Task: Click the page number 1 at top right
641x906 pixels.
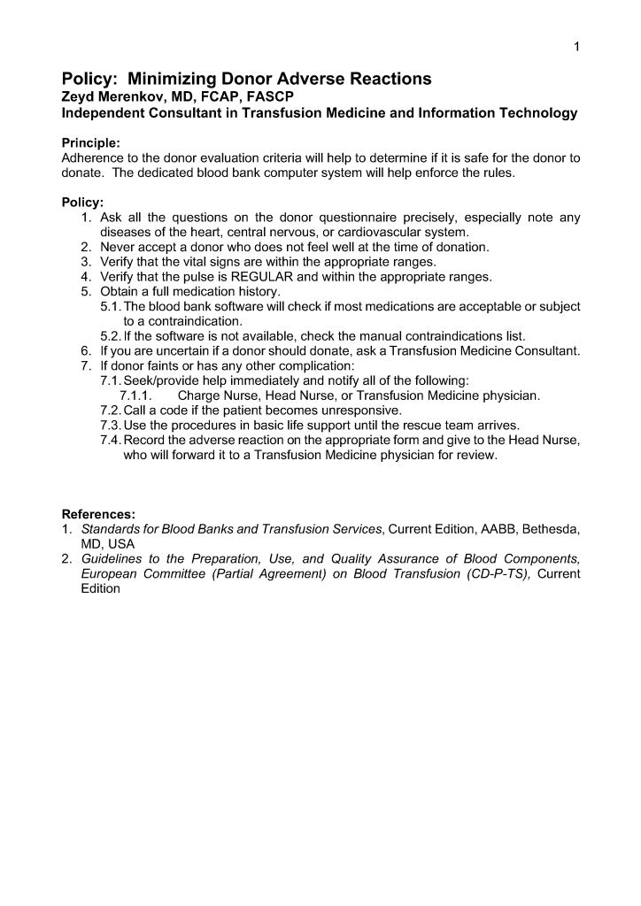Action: (x=576, y=47)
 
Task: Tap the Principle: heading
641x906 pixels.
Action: (x=91, y=142)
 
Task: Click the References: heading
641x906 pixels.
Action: (x=97, y=513)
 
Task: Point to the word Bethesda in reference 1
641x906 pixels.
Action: (x=552, y=529)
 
